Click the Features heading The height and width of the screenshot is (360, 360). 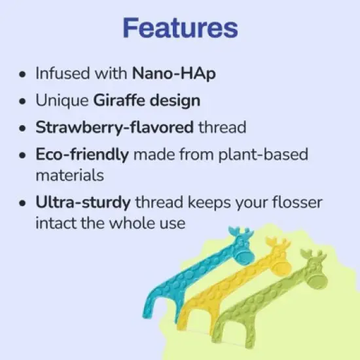click(180, 28)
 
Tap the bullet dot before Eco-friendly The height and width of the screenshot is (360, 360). click(24, 156)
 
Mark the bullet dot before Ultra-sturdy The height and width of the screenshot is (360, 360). click(24, 203)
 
